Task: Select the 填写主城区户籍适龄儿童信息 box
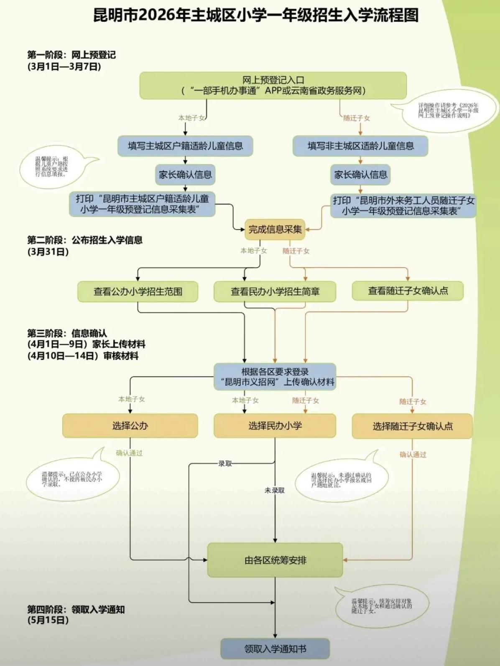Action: [185, 146]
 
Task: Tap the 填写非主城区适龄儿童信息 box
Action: [360, 146]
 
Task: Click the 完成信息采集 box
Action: [275, 229]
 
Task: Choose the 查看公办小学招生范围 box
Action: [138, 291]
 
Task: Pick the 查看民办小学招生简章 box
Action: [275, 291]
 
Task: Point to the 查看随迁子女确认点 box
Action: [408, 291]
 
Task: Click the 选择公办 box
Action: [130, 426]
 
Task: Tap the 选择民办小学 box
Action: [275, 426]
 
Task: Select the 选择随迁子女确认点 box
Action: [412, 426]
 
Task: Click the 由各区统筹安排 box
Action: [275, 560]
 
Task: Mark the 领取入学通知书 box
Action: [275, 649]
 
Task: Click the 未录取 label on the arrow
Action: [274, 490]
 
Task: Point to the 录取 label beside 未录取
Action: [225, 463]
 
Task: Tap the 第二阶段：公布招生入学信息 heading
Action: [85, 240]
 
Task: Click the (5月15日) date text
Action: [48, 620]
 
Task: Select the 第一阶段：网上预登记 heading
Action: [71, 55]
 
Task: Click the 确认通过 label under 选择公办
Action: [129, 453]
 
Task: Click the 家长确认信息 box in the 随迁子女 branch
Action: [360, 175]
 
